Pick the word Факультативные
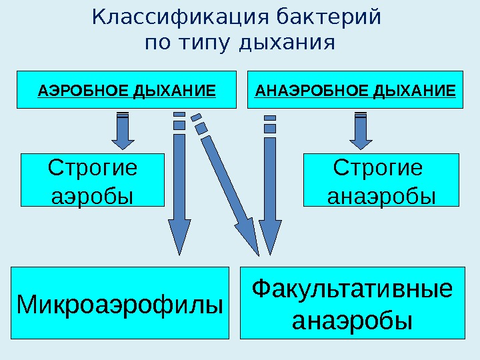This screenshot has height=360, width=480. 352,290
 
